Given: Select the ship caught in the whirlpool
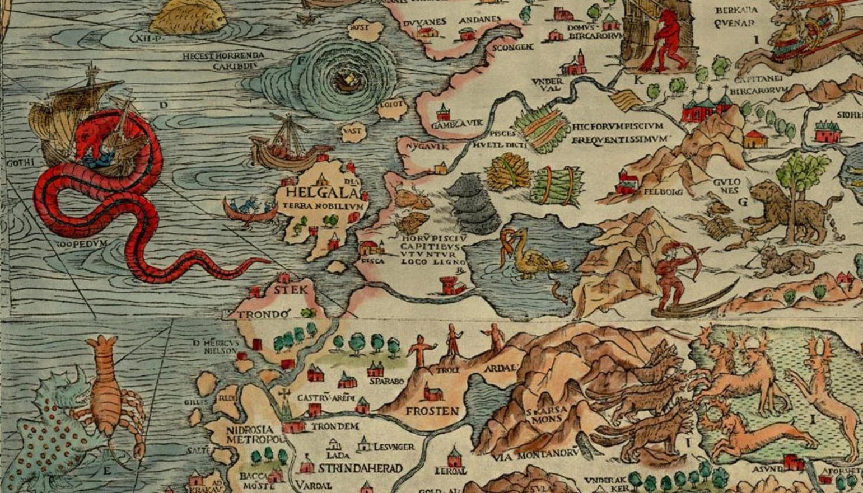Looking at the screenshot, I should click(x=346, y=82).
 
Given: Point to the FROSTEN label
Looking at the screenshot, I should click(x=432, y=411).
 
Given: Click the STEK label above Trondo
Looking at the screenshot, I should click(x=290, y=289).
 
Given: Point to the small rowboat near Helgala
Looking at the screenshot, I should click(x=249, y=210).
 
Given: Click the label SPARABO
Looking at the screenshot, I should click(x=386, y=382).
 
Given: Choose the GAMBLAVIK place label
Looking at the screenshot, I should click(x=456, y=123).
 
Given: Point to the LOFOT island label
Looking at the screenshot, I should click(x=391, y=104).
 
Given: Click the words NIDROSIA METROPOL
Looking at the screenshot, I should click(x=255, y=435).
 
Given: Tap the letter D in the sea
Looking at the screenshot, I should click(x=164, y=105).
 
